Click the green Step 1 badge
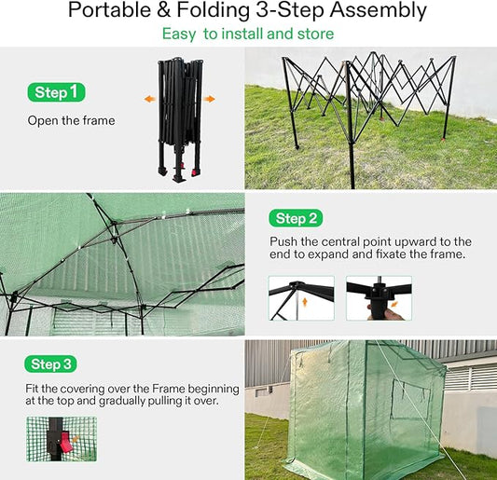[x=57, y=92]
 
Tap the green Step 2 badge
[x=296, y=218]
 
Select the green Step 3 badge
[x=50, y=363]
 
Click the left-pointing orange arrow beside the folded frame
[x=149, y=99]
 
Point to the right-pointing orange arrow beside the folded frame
[x=209, y=99]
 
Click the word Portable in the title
[x=109, y=10]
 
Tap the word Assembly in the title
[x=379, y=11]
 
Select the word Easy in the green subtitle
[x=179, y=34]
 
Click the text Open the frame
[x=71, y=120]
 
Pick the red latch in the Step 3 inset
[x=66, y=442]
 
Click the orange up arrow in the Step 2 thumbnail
[x=305, y=302]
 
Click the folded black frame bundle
[x=180, y=119]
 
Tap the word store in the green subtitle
[x=316, y=34]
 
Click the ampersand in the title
[x=163, y=10]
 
